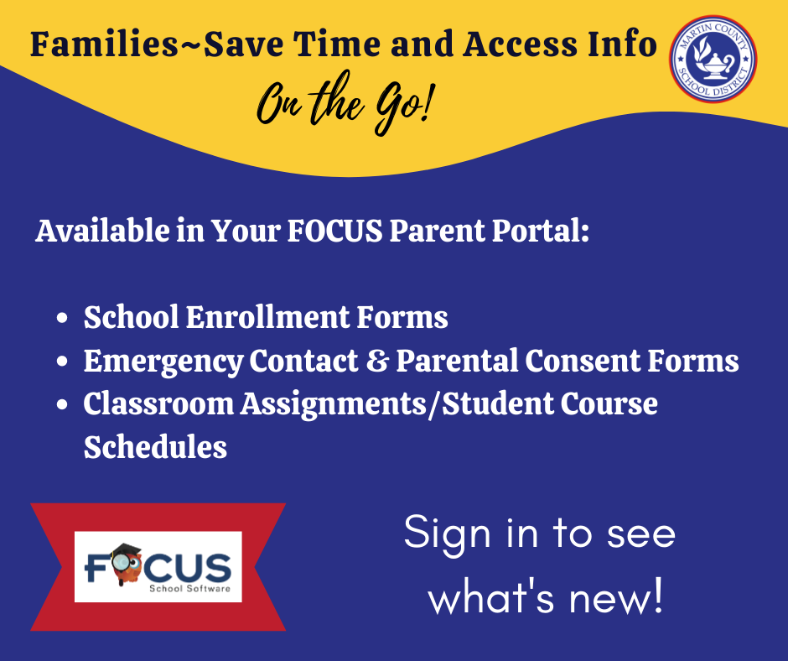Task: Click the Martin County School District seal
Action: (713, 59)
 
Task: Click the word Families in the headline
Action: (104, 44)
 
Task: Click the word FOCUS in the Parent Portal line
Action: (334, 231)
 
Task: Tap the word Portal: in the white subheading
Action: (540, 231)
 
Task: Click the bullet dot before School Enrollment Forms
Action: (62, 319)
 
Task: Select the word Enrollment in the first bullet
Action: (267, 317)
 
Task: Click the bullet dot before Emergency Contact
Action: (62, 362)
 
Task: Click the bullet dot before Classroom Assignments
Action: (62, 405)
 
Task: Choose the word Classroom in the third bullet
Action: (158, 404)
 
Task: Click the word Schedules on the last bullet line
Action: (155, 447)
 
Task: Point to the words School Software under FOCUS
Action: (190, 588)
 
